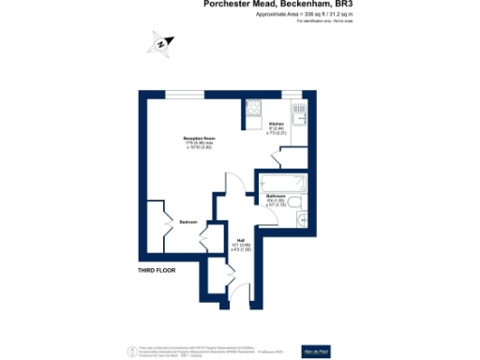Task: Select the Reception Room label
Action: pos(199,137)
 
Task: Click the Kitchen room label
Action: pos(277,124)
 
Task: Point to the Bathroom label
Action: pos(275,195)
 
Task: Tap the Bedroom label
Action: pos(188,221)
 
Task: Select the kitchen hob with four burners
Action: pos(253,112)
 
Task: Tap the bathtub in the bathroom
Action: pos(281,179)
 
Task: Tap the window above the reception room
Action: pos(187,93)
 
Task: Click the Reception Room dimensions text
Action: pos(199,145)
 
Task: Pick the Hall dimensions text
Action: pos(241,247)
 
